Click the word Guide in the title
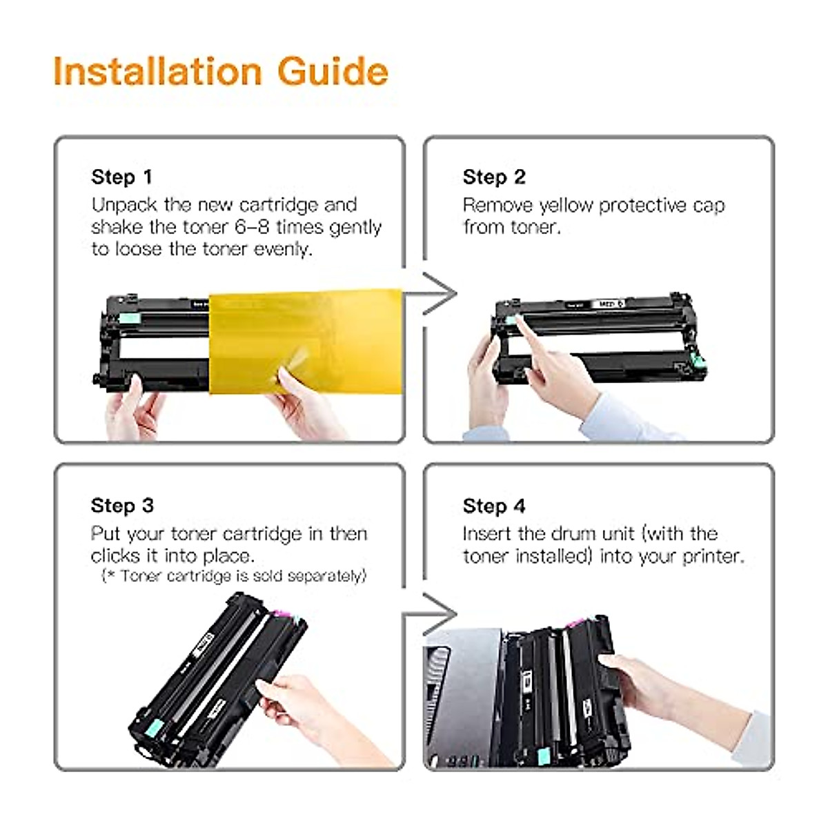coord(333,71)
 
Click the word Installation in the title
coord(157,71)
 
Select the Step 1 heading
coord(122,177)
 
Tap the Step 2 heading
coord(494,177)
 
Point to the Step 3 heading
coord(122,506)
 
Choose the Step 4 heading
coord(494,506)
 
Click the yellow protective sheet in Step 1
coord(305,342)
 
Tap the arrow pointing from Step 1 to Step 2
coord(430,293)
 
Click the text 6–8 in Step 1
coord(252,227)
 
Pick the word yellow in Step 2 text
coord(566,206)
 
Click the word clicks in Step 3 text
coord(115,556)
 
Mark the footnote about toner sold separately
coord(234,576)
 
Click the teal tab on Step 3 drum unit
coord(153,727)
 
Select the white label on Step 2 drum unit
coord(607,304)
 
